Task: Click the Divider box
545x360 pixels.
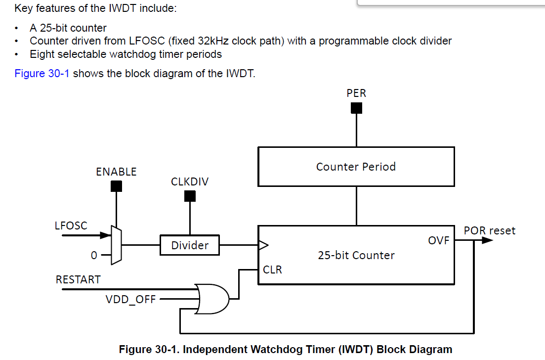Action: (190, 245)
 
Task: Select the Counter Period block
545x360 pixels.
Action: (356, 167)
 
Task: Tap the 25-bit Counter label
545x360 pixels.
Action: (356, 255)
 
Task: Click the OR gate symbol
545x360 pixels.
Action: (211, 299)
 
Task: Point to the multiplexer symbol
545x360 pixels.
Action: (116, 245)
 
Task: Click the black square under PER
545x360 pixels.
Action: (356, 108)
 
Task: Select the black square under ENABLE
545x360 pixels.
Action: (116, 186)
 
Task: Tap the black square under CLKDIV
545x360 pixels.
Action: (190, 196)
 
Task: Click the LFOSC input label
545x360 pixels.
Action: (71, 225)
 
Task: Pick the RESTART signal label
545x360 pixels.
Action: (78, 280)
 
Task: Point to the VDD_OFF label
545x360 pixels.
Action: (130, 300)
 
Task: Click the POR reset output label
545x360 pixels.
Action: (489, 230)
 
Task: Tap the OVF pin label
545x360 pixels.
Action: (439, 240)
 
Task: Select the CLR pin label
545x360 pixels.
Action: (273, 270)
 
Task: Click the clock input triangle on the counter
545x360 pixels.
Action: (263, 245)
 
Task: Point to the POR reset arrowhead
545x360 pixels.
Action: (487, 240)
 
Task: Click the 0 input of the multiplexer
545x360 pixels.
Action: (94, 255)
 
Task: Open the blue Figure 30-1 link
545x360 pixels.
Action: (42, 73)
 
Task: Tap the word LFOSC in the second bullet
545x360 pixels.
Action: (147, 41)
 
